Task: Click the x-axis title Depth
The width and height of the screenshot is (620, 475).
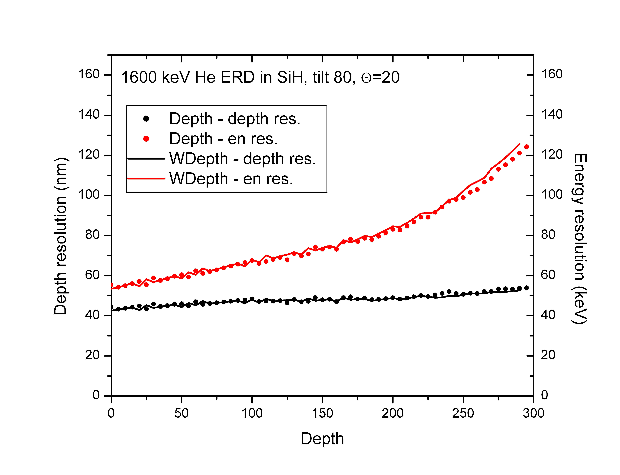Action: (322, 439)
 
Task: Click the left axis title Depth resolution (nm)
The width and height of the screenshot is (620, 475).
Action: (60, 236)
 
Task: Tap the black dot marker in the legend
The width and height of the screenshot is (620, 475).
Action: (146, 119)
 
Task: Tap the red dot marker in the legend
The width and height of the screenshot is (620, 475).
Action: (146, 139)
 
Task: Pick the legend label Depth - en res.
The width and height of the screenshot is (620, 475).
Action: (223, 139)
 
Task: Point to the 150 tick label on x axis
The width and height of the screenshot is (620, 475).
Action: (322, 413)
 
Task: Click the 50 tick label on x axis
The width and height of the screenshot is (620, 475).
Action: (181, 413)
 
